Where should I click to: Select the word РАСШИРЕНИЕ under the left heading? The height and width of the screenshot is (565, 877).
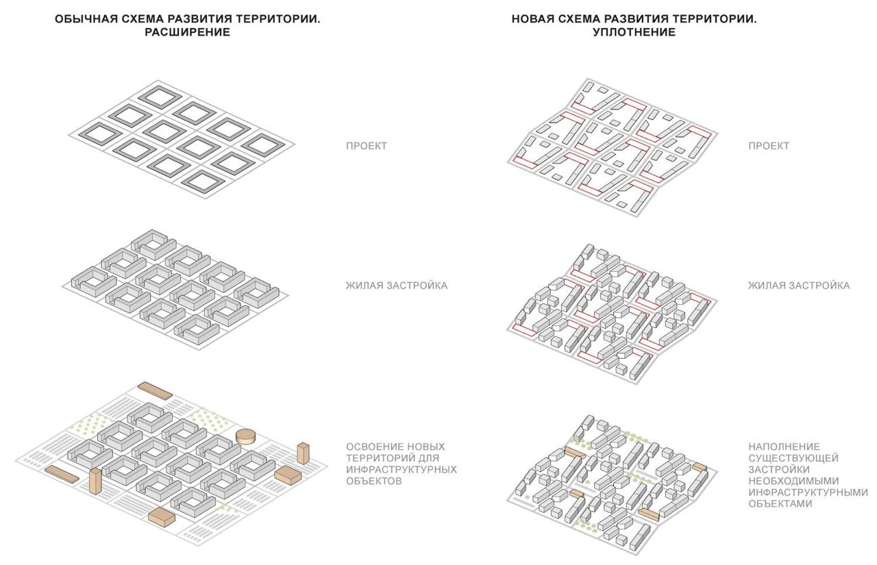(x=188, y=32)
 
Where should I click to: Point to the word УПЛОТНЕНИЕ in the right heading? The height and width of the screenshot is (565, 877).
(x=634, y=32)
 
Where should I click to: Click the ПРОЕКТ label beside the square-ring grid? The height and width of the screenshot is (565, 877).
(x=367, y=146)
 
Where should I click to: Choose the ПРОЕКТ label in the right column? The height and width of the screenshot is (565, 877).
(x=769, y=146)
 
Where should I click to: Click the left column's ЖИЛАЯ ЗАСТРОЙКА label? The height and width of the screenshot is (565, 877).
(x=397, y=286)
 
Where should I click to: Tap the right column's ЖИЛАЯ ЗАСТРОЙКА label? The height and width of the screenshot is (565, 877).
(x=799, y=286)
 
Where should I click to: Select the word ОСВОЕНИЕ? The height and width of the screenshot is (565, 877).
(x=374, y=447)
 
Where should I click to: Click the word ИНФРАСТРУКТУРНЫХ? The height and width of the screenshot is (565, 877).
(x=402, y=469)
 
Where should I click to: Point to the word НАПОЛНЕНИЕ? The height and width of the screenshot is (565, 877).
(x=784, y=447)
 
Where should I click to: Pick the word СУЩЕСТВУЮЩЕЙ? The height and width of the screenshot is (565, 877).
(x=793, y=457)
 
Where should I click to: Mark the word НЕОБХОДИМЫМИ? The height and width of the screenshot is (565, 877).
(x=793, y=481)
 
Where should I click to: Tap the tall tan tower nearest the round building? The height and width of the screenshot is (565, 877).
(x=303, y=453)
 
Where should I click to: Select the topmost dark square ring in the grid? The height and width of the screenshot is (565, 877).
(x=160, y=95)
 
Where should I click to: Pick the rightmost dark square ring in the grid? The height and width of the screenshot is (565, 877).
(x=263, y=145)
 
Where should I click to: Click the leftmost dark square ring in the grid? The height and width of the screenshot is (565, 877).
(x=100, y=133)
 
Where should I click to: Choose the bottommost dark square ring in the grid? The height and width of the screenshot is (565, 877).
(x=203, y=181)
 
